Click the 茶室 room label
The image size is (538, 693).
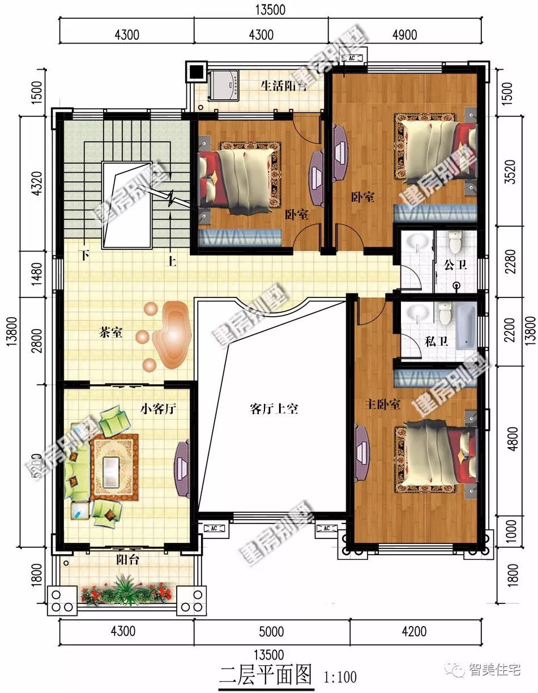[111, 333]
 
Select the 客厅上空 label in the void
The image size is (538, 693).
[274, 409]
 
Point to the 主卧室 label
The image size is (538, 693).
[383, 405]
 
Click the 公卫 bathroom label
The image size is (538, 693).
[453, 265]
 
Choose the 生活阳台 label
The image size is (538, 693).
[284, 86]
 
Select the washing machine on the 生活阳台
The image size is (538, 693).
[224, 86]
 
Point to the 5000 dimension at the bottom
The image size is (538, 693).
[271, 631]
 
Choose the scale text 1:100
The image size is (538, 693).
[340, 677]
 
